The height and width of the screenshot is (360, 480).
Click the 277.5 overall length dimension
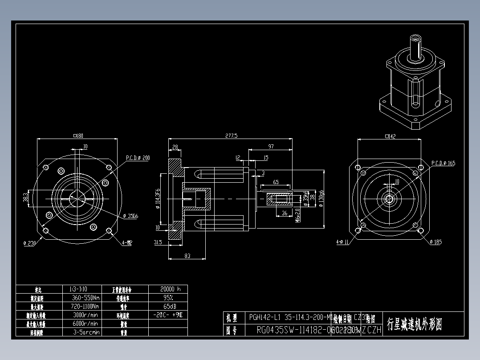click(x=232, y=135)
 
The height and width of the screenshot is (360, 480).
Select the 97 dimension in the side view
click(x=271, y=147)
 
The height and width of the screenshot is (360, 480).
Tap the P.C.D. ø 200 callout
click(x=138, y=158)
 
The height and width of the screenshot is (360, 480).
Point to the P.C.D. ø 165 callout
click(x=443, y=163)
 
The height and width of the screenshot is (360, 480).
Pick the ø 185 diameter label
click(x=435, y=242)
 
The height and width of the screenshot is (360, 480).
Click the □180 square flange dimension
click(x=78, y=135)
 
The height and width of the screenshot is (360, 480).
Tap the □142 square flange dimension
click(x=390, y=136)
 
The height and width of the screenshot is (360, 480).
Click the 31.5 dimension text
click(x=157, y=242)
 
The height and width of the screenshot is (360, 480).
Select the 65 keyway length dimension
click(x=276, y=182)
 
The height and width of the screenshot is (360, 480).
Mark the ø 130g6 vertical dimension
click(x=321, y=199)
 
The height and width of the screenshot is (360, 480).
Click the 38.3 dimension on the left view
click(x=25, y=196)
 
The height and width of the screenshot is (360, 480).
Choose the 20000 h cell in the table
click(x=168, y=289)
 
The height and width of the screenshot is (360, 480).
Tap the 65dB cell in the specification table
click(x=168, y=307)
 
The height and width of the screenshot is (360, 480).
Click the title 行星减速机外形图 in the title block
click(x=414, y=324)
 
